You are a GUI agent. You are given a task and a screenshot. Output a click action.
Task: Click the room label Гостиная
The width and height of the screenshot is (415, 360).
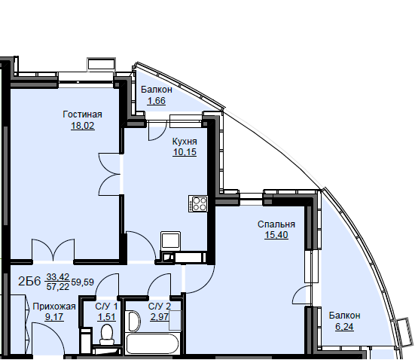[x=82, y=114]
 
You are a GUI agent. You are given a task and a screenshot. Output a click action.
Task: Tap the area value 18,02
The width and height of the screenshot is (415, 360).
[x=82, y=126]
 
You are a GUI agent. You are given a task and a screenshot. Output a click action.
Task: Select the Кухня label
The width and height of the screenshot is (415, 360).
[x=185, y=142]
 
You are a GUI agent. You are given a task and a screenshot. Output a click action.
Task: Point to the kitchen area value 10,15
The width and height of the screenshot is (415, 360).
[x=185, y=152]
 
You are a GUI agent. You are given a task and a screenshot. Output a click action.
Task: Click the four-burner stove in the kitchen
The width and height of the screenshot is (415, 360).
[x=198, y=204]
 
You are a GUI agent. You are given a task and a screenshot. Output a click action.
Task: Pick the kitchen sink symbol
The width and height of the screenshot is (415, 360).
[x=171, y=241]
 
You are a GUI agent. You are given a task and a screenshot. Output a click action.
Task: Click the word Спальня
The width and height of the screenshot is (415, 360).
[x=276, y=224]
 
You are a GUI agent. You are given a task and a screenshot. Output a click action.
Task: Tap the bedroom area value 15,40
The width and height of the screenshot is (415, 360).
[x=276, y=235]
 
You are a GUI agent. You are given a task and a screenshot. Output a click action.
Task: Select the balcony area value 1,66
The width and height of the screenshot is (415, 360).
[x=157, y=101]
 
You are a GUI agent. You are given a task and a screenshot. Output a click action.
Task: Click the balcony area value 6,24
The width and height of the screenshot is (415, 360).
[x=344, y=327]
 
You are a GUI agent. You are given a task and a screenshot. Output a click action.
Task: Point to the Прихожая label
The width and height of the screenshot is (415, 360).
[x=54, y=307]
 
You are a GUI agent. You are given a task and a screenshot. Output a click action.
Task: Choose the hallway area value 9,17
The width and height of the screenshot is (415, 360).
[x=54, y=317]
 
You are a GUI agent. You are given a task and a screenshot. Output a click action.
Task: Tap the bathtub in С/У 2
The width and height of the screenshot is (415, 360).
[x=152, y=343]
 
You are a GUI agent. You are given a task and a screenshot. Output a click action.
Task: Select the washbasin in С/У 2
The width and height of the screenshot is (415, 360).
[x=135, y=321]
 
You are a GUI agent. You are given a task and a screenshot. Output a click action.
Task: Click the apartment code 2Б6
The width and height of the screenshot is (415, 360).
[x=29, y=282]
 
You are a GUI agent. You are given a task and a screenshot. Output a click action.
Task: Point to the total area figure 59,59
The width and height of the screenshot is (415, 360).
[x=82, y=282]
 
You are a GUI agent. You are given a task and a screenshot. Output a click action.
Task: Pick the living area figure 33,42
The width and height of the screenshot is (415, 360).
[x=58, y=277]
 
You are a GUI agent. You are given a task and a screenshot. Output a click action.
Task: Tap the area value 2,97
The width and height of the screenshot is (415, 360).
[x=160, y=317]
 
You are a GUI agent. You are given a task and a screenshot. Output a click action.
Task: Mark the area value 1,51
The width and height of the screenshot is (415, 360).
[x=107, y=317]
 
